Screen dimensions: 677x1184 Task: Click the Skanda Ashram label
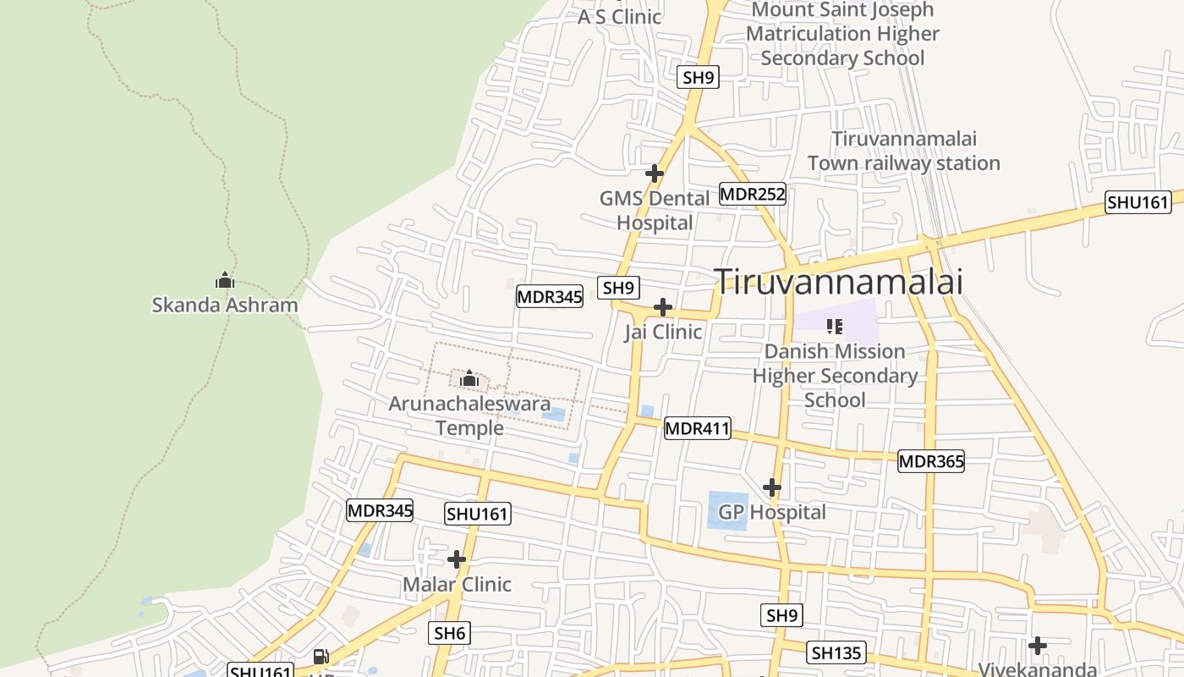pyautogui.click(x=225, y=305)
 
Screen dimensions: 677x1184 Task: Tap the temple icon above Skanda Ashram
pyautogui.click(x=224, y=280)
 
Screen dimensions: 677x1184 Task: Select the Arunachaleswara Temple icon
pyautogui.click(x=469, y=378)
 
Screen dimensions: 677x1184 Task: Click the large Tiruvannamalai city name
pyautogui.click(x=838, y=282)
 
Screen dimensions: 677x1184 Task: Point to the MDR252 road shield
pyautogui.click(x=753, y=195)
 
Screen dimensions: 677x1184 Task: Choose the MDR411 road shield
pyautogui.click(x=697, y=428)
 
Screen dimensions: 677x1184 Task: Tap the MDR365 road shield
pyautogui.click(x=930, y=461)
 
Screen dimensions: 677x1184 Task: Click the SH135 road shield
pyautogui.click(x=836, y=652)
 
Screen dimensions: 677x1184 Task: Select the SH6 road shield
pyautogui.click(x=449, y=633)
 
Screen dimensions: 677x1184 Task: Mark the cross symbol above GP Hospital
pyautogui.click(x=771, y=487)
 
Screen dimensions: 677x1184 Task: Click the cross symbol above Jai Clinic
pyautogui.click(x=663, y=306)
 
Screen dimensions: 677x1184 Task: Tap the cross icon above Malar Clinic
pyautogui.click(x=457, y=559)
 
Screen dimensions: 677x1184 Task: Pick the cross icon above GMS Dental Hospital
pyautogui.click(x=654, y=173)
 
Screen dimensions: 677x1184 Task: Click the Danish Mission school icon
pyautogui.click(x=835, y=326)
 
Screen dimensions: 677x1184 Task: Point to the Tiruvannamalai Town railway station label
pyautogui.click(x=903, y=151)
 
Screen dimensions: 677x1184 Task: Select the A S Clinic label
pyautogui.click(x=619, y=16)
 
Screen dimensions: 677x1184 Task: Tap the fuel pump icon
pyautogui.click(x=321, y=656)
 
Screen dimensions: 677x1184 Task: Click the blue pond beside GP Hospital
pyautogui.click(x=728, y=510)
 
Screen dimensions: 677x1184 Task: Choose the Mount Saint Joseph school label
pyautogui.click(x=842, y=34)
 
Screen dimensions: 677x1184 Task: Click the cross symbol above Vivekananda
pyautogui.click(x=1038, y=646)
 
